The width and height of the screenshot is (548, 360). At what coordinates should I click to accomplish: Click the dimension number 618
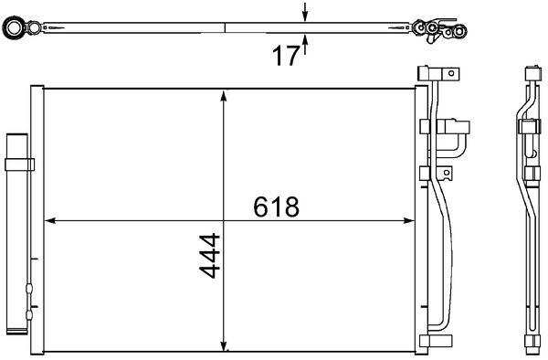[x=276, y=206]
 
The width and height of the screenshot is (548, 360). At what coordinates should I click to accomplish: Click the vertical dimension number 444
[x=210, y=256]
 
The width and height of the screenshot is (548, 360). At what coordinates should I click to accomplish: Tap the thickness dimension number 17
[x=286, y=56]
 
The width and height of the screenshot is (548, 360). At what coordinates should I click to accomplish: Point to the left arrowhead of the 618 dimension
[x=50, y=220]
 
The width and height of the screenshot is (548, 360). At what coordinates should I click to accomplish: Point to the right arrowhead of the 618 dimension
[x=409, y=220]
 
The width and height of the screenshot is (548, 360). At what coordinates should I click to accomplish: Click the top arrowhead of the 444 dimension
[x=224, y=96]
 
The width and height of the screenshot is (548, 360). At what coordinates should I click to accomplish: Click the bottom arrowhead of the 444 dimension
[x=224, y=345]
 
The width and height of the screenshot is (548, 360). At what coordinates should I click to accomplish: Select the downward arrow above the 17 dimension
[x=305, y=12]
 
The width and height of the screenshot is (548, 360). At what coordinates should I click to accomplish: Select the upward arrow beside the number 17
[x=305, y=45]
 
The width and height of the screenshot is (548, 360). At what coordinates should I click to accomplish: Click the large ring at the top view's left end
[x=14, y=27]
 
